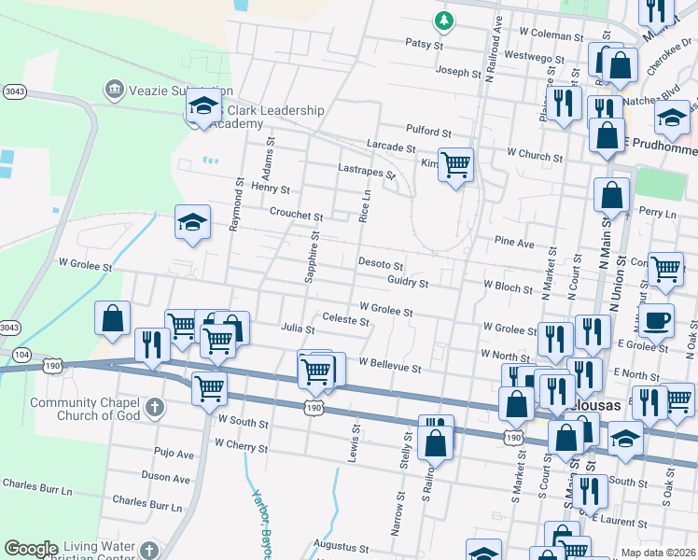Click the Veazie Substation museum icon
coord(115,90)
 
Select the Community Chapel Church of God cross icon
coord(154,408)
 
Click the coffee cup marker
coord(657,320)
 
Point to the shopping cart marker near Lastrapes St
coord(455,166)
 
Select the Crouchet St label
coord(296,214)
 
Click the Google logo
coord(31,549)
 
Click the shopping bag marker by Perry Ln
coord(612,194)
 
